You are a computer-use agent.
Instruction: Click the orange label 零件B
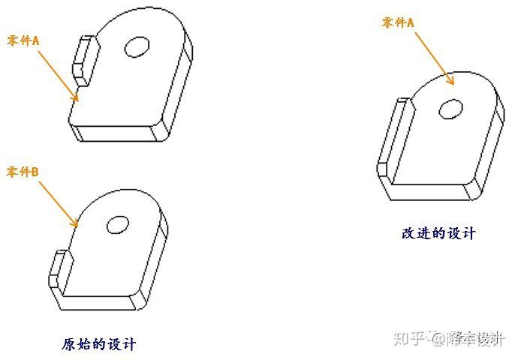(x=23, y=172)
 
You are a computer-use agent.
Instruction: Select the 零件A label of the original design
(x=23, y=41)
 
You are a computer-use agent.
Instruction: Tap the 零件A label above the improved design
(x=398, y=23)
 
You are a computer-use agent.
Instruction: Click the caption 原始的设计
(x=99, y=344)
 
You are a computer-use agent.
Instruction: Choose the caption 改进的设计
(x=438, y=233)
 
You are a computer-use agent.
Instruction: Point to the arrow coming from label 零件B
(x=59, y=205)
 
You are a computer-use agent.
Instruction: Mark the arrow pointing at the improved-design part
(x=434, y=58)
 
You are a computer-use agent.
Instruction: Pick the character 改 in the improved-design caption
(x=409, y=233)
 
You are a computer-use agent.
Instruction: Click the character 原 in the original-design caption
(x=69, y=344)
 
